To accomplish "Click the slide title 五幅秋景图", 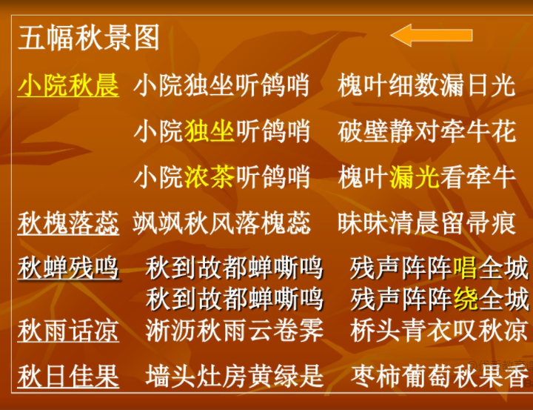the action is [x=89, y=38].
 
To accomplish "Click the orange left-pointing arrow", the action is [x=432, y=35].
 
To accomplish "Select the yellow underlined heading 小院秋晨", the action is [x=68, y=85].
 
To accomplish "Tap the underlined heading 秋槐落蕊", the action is [x=68, y=223].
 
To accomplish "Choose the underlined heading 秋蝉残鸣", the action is [x=68, y=268].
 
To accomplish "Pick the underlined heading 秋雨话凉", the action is [x=68, y=331].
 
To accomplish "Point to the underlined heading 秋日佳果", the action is [x=68, y=376].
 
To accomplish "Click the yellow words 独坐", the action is [x=209, y=131].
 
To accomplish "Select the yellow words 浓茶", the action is [x=209, y=177].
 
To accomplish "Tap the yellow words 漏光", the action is [x=415, y=177].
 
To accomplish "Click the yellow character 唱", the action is [x=465, y=268].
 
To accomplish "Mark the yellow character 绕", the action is [x=465, y=299].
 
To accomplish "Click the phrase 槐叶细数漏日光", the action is [x=426, y=85].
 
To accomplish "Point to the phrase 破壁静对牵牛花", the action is [x=426, y=131].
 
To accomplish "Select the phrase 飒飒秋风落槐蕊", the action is [x=221, y=223].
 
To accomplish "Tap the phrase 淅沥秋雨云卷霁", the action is [x=234, y=331].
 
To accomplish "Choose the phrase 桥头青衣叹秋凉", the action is [x=439, y=331].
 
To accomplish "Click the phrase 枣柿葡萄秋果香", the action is [x=439, y=376].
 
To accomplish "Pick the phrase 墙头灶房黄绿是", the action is [x=234, y=376].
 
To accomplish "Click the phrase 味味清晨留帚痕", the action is [x=426, y=223].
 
